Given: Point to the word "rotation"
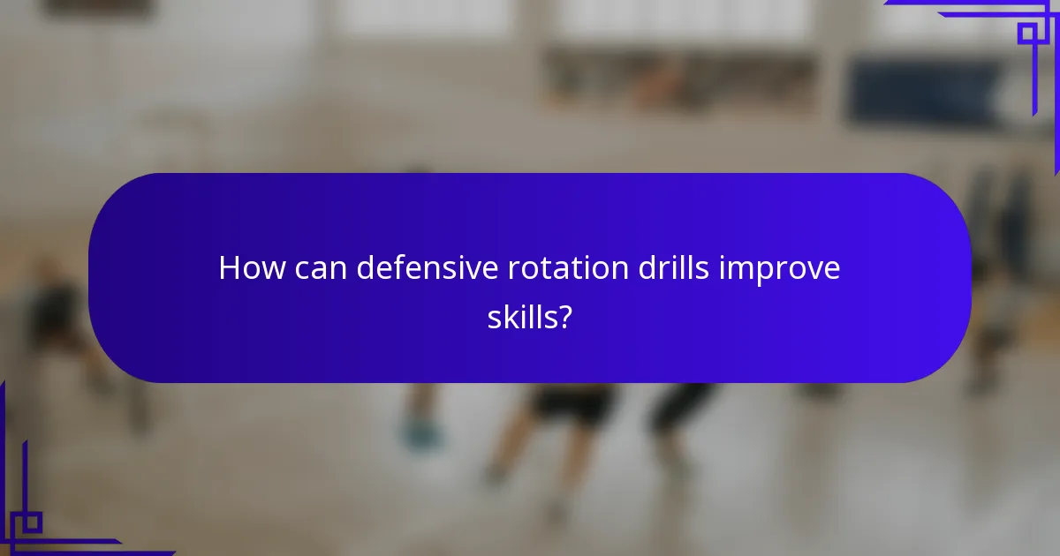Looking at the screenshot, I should [x=566, y=268].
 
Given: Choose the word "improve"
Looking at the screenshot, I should [x=780, y=270].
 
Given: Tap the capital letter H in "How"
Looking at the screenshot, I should [x=229, y=268].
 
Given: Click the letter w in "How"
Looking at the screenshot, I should [x=269, y=270].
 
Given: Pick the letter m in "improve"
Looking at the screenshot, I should [x=743, y=270].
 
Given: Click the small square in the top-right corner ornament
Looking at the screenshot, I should [x=1026, y=34].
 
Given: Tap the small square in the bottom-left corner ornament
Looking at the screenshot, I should [x=32, y=522].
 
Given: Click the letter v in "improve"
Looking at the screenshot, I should [x=813, y=270].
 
